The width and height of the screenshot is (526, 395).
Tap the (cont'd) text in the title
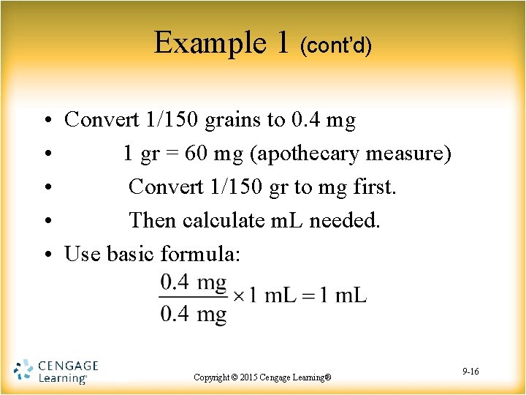click(x=336, y=45)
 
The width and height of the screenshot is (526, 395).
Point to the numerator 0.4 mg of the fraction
click(x=194, y=282)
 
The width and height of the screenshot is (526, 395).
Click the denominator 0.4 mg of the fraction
click(x=194, y=315)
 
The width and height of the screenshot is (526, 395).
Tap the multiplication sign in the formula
click(x=238, y=296)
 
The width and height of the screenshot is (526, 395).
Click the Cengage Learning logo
click(x=56, y=372)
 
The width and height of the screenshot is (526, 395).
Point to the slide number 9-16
click(x=470, y=372)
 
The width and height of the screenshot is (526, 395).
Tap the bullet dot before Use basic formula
click(x=45, y=255)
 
